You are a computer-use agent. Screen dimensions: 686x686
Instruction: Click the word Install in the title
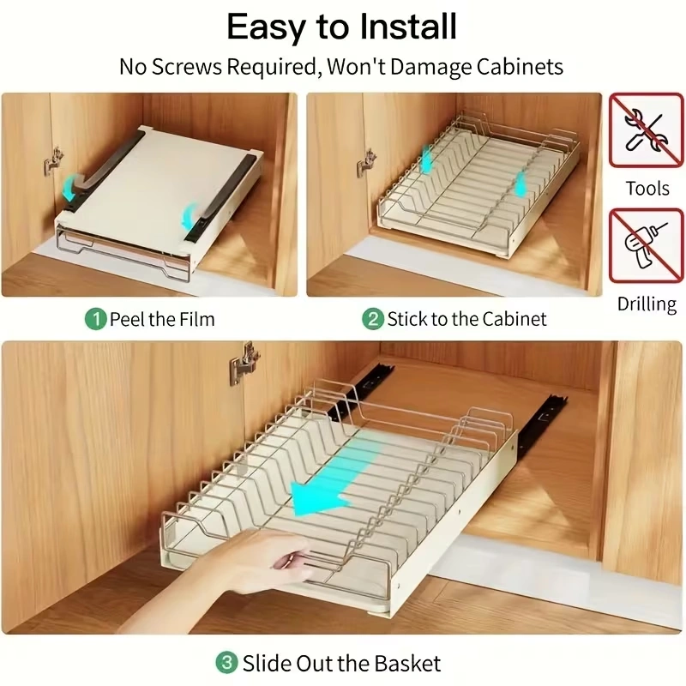(x=408, y=27)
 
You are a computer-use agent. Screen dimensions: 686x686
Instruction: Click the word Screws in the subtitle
(x=187, y=67)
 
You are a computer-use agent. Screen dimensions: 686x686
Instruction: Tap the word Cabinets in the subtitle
(x=520, y=67)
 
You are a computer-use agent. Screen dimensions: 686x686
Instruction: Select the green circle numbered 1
(x=96, y=319)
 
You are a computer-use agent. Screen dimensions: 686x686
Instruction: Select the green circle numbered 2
(x=373, y=319)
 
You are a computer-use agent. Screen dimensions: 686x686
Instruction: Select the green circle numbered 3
(x=227, y=663)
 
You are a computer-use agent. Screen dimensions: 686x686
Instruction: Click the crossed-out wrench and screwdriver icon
(x=647, y=130)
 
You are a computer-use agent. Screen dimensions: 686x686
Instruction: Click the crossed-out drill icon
(x=647, y=246)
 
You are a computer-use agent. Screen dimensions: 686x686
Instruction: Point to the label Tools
(x=647, y=189)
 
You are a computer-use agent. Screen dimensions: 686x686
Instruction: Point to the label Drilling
(x=647, y=304)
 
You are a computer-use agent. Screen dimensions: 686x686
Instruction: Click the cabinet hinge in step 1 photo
(x=53, y=162)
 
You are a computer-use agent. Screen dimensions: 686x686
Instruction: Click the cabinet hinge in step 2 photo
(x=367, y=163)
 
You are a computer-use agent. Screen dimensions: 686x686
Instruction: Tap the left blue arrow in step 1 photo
(x=73, y=187)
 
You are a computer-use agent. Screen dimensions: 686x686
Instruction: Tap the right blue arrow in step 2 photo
(x=519, y=184)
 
